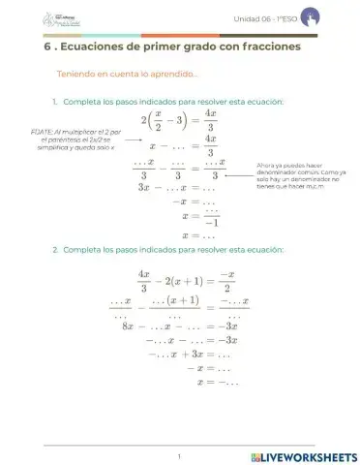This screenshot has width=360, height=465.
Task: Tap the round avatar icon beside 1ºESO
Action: pos(308,17)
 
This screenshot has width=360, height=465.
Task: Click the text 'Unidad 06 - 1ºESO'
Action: pos(262,19)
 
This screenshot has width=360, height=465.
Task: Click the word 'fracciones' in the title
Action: pos(263,46)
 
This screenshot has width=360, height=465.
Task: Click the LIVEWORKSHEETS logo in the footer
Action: pos(303,455)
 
